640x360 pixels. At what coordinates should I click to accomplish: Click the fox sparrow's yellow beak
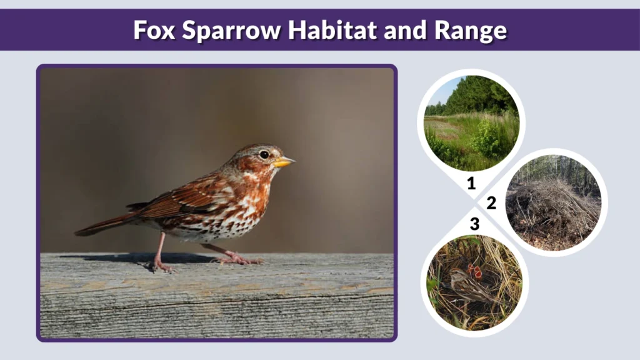[x=284, y=162]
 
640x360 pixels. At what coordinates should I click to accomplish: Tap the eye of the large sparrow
[x=264, y=154]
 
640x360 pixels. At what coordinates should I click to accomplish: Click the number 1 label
[x=471, y=184]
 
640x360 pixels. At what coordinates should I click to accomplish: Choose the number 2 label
[x=491, y=202]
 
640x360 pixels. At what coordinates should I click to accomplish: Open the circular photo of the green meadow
[x=471, y=122]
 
